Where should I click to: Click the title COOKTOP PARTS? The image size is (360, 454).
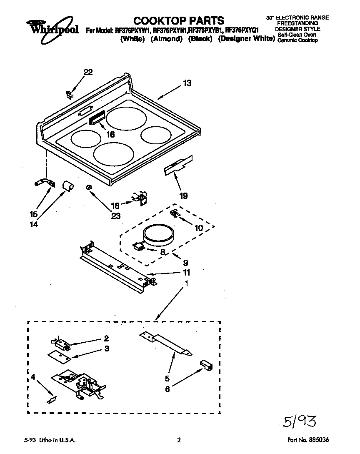[x=179, y=20]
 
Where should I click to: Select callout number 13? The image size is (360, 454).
[x=187, y=83]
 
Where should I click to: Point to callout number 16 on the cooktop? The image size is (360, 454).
[x=110, y=134]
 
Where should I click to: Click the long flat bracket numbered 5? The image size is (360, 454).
[x=166, y=343]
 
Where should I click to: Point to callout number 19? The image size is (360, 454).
[x=183, y=195]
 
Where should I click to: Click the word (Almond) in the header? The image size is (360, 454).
[x=166, y=39]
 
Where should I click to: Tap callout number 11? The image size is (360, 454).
[x=186, y=273]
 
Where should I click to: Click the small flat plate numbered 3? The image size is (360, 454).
[x=59, y=355]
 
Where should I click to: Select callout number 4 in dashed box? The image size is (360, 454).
[x=33, y=378]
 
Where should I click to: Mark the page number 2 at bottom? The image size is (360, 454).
[x=179, y=440]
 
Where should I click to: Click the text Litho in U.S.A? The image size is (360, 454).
[x=58, y=440]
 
